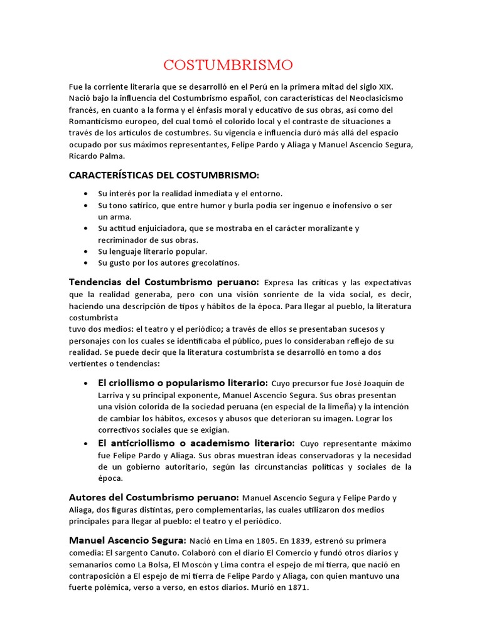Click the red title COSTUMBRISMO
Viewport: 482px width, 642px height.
[228, 65]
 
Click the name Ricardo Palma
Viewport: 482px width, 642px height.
[97, 155]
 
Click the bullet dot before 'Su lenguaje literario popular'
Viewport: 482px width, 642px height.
[85, 251]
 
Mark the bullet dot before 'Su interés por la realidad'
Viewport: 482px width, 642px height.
[85, 194]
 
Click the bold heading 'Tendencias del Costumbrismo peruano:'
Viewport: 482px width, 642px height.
[164, 282]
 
